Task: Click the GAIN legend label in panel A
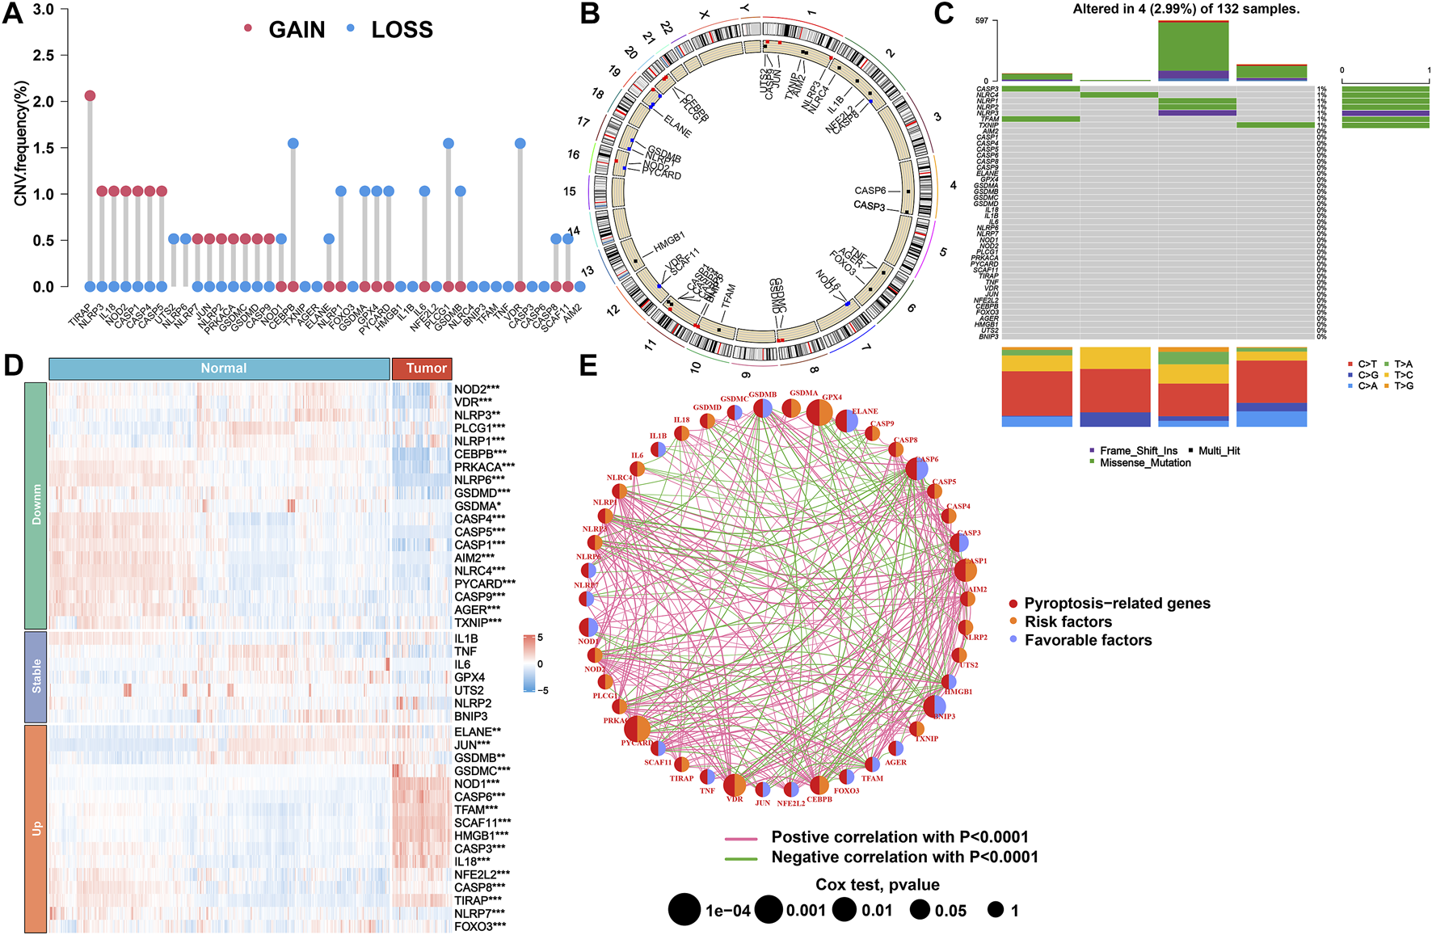[x=297, y=30]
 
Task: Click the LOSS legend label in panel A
[x=402, y=30]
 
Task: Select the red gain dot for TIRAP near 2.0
[x=90, y=96]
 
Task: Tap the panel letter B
[x=590, y=15]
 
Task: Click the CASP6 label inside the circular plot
[x=870, y=191]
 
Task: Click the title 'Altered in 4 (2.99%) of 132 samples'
[x=1186, y=9]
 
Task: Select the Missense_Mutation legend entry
[x=1144, y=463]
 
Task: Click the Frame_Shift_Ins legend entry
[x=1138, y=451]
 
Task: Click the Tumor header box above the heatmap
[x=422, y=369]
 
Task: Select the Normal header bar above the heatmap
[x=219, y=369]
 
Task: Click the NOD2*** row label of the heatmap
[x=477, y=389]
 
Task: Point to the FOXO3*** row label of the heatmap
[x=480, y=926]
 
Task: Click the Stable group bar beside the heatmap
[x=36, y=676]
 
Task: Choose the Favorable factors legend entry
[x=1088, y=640]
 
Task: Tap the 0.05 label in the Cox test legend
[x=950, y=911]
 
